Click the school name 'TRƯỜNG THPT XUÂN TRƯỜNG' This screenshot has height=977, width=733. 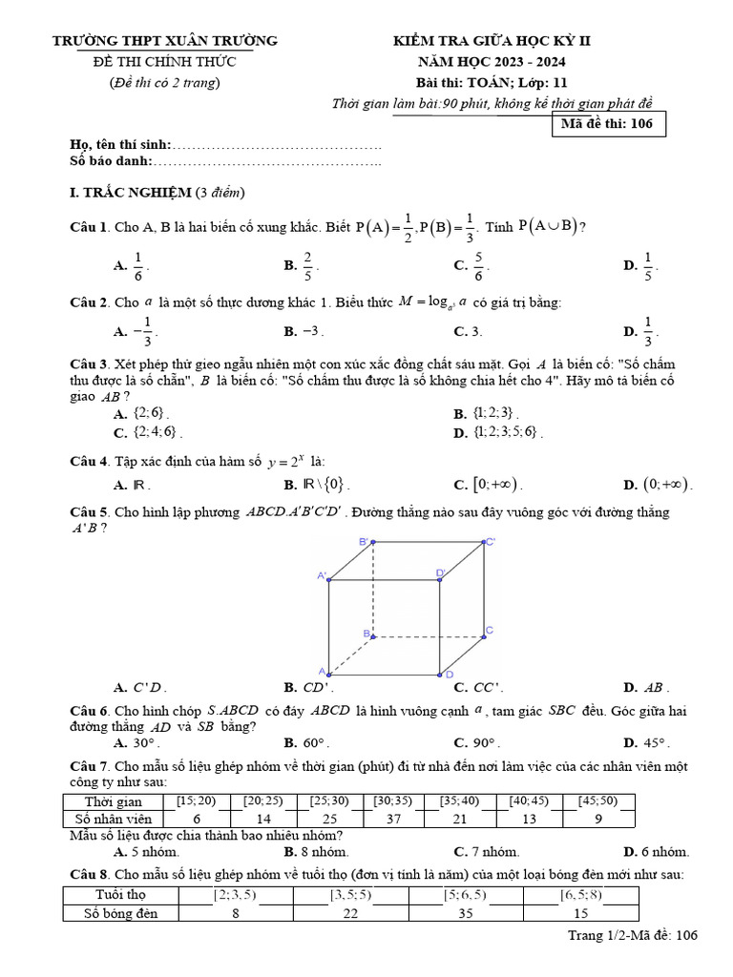pos(165,41)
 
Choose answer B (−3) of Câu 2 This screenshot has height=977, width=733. pos(305,332)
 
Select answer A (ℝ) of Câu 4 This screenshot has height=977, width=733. pos(129,485)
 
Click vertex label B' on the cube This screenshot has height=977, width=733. pos(364,542)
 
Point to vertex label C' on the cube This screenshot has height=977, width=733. pos(491,542)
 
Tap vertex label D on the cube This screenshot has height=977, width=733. pos(449,675)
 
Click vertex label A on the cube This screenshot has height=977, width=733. pos(322,672)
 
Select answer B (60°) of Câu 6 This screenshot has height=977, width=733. pos(305,742)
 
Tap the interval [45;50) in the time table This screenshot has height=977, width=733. pos(597,801)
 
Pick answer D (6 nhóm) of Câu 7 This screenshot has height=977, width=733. pos(656,852)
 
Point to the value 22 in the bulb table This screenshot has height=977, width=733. pos(350,913)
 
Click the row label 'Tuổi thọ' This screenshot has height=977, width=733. pos(120,895)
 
